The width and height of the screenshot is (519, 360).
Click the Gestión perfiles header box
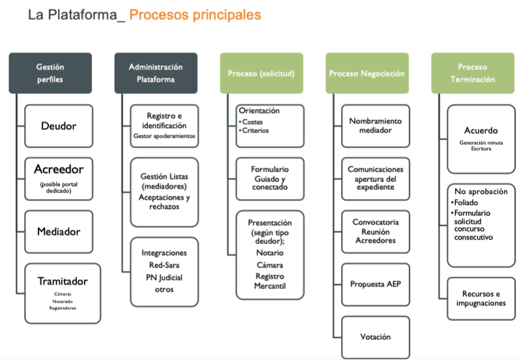(50, 73)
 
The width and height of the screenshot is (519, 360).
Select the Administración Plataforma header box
(156, 73)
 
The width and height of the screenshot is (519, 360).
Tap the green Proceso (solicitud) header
(261, 73)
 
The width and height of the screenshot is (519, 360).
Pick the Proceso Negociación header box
(367, 73)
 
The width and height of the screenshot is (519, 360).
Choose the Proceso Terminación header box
(472, 73)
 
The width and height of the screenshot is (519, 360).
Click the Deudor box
(59, 126)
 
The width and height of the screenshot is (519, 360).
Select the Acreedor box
(59, 178)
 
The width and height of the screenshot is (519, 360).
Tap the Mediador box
(59, 232)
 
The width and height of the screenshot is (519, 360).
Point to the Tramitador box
(63, 292)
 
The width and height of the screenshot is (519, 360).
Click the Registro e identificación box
(164, 126)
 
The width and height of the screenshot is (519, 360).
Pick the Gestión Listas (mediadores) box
(164, 190)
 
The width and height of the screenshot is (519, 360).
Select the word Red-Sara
(164, 265)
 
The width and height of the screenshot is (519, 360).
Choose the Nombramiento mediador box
(376, 126)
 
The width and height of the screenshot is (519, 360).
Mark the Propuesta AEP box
(376, 284)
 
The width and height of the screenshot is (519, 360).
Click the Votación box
(376, 337)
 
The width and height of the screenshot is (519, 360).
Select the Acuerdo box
(481, 138)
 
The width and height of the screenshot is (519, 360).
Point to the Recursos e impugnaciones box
(481, 299)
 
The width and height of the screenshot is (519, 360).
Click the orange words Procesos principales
(195, 14)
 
